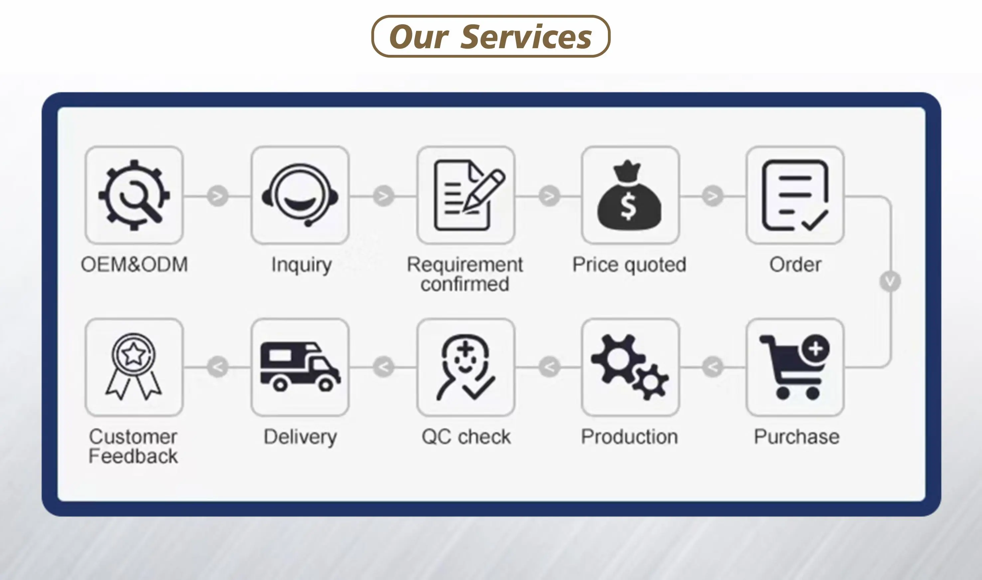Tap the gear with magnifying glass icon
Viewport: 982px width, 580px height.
134,195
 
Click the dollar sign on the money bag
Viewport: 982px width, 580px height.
628,207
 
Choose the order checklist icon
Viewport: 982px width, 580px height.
795,195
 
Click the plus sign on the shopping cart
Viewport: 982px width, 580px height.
815,348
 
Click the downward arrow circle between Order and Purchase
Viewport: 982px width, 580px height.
890,281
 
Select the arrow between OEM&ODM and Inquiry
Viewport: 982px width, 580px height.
217,195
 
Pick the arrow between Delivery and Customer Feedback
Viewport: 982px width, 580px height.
217,367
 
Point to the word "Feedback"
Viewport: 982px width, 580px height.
133,456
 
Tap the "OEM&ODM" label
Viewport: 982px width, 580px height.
134,265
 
